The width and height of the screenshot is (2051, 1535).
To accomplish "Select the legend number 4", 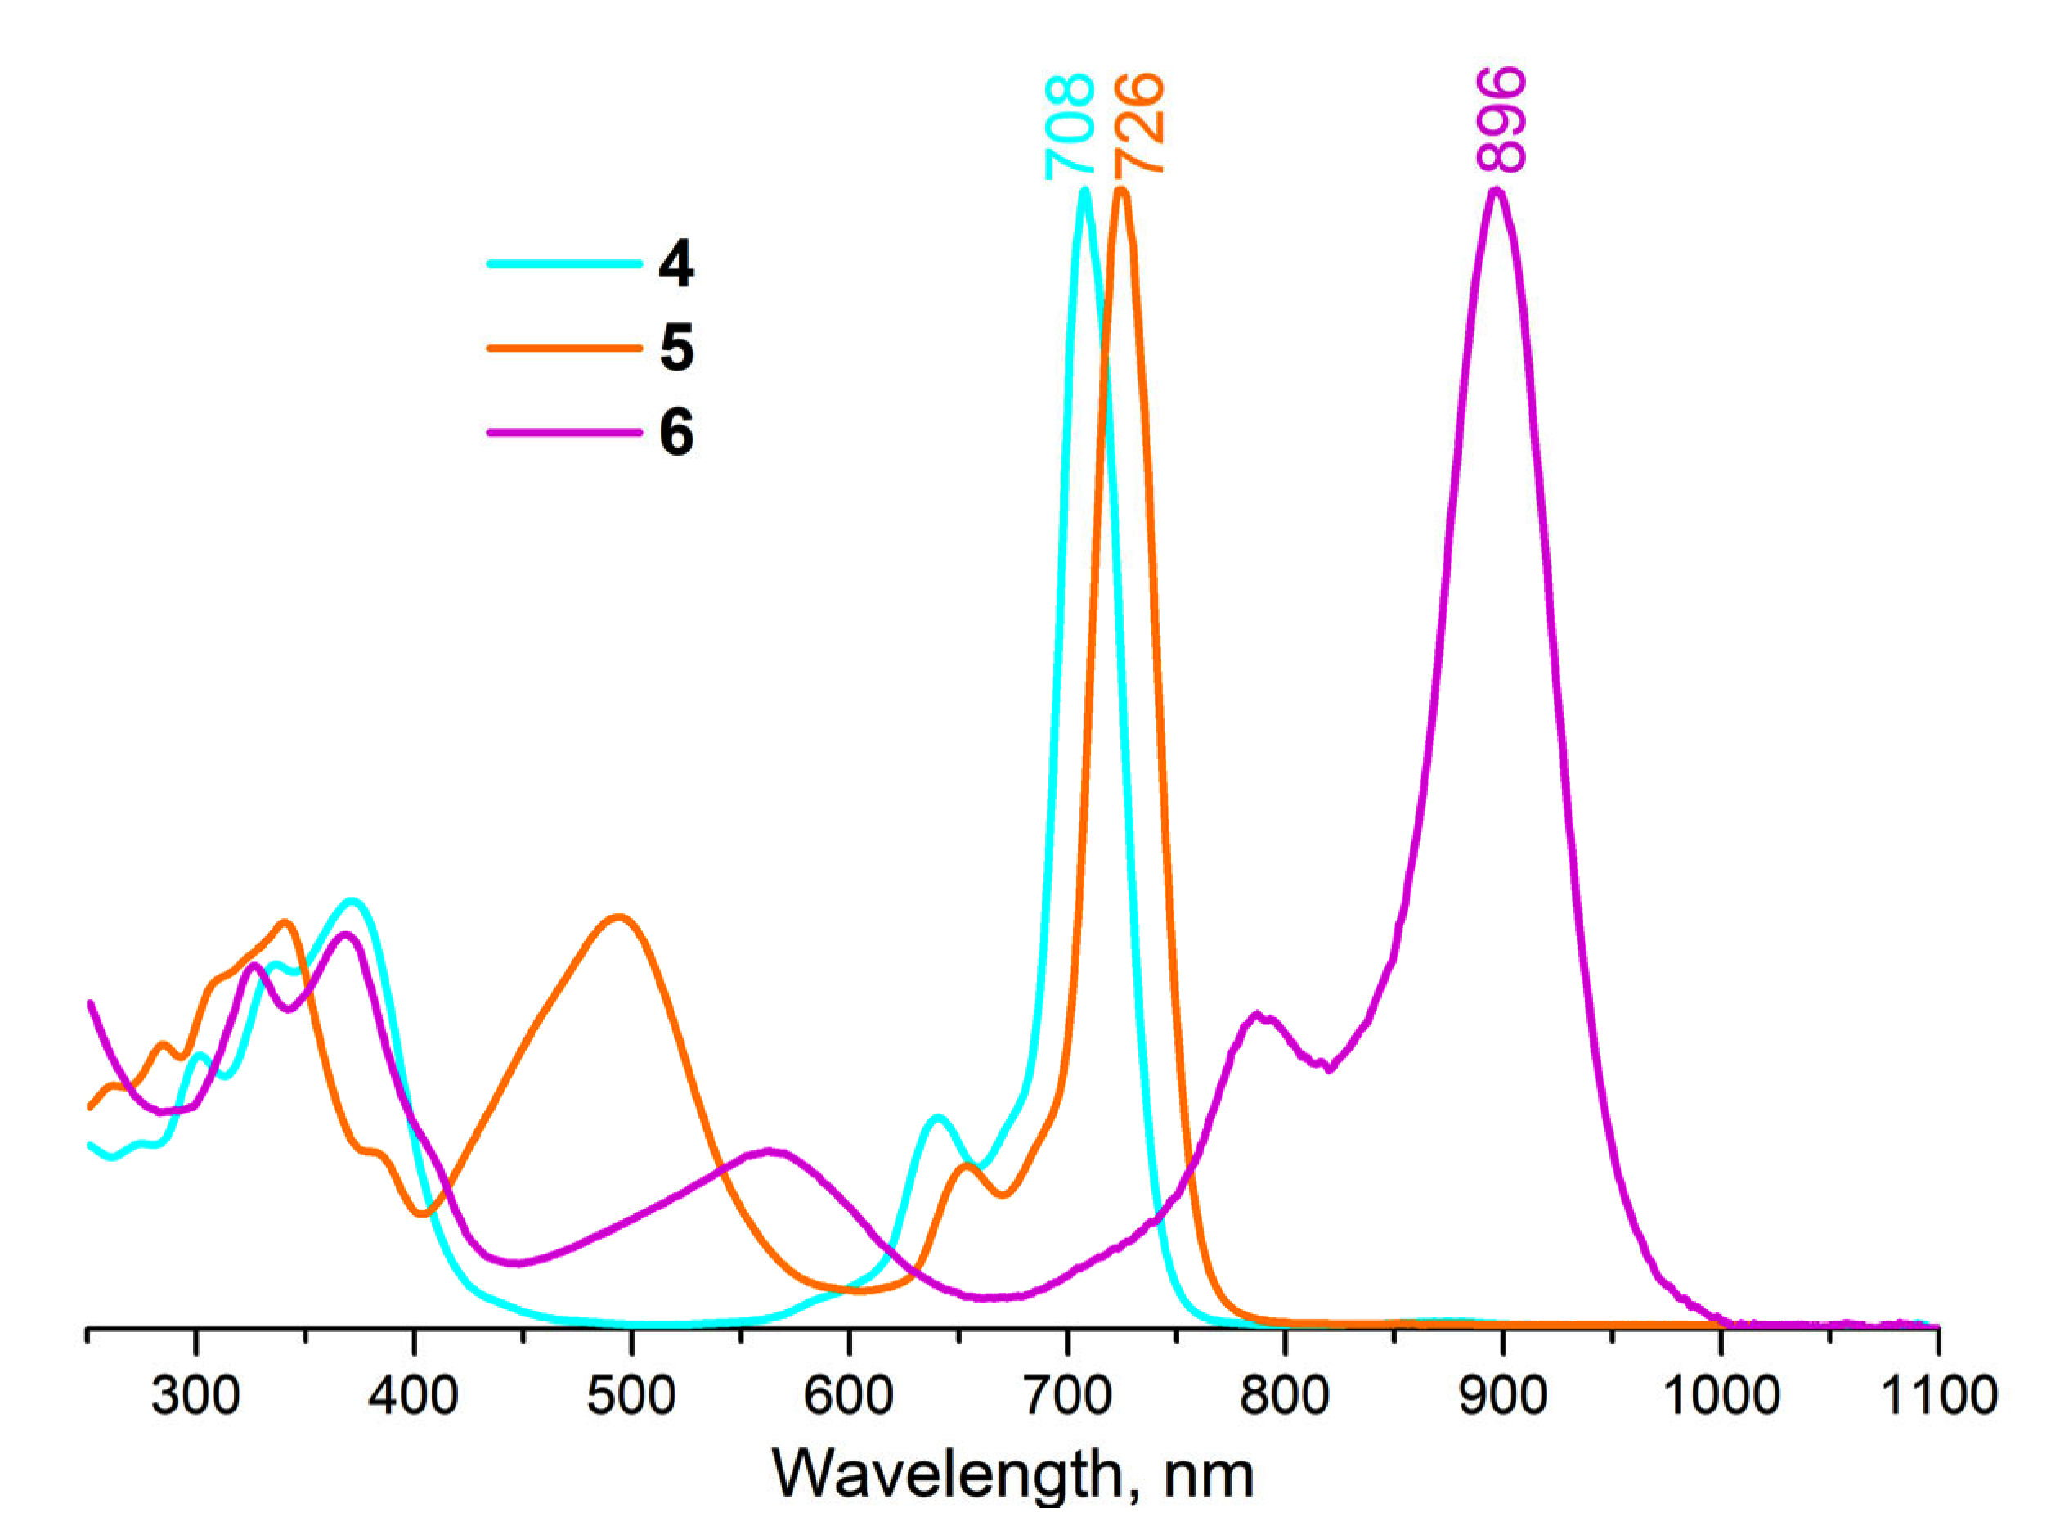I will pyautogui.click(x=676, y=264).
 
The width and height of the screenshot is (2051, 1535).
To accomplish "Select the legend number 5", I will pyautogui.click(x=677, y=349).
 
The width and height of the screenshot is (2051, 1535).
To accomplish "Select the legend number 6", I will pyautogui.click(x=677, y=432).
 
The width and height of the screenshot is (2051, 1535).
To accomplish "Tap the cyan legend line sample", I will pyautogui.click(x=563, y=264).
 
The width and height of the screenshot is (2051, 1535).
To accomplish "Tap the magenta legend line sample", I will pyautogui.click(x=563, y=432).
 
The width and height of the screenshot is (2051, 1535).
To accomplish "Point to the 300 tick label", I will pyautogui.click(x=195, y=1395).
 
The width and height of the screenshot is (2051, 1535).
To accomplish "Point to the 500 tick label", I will pyautogui.click(x=631, y=1395).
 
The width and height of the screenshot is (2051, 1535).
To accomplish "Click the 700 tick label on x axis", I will pyautogui.click(x=1068, y=1395).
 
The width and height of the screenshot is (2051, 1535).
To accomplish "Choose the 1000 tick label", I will pyautogui.click(x=1721, y=1395).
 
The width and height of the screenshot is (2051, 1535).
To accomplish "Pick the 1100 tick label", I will pyautogui.click(x=1938, y=1395).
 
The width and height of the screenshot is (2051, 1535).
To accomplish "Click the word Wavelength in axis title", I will pyautogui.click(x=945, y=1474).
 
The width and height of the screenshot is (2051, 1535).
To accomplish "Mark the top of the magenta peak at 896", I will pyautogui.click(x=1496, y=191).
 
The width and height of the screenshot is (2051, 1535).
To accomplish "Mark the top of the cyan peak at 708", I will pyautogui.click(x=1084, y=191).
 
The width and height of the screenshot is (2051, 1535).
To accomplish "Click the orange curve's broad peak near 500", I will pyautogui.click(x=619, y=917).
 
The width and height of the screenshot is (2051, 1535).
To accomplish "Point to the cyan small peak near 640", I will pyautogui.click(x=937, y=1118).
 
